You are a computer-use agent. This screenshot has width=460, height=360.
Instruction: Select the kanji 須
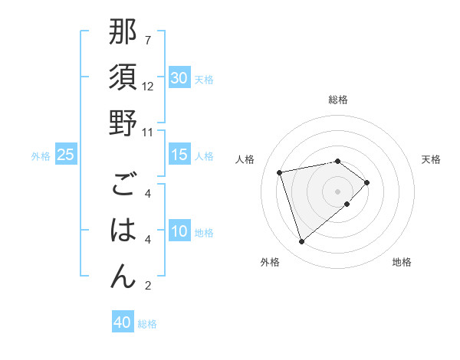coord(123,79)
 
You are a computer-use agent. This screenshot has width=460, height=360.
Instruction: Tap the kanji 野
coord(123,123)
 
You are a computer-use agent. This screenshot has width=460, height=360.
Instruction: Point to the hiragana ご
coord(123,186)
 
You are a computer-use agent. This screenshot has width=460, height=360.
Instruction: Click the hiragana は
coord(123,231)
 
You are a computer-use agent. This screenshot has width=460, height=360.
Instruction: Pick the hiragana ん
coord(123,276)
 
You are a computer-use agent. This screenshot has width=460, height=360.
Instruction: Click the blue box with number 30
coord(179,78)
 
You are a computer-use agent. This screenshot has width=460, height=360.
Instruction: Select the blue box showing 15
coord(179,155)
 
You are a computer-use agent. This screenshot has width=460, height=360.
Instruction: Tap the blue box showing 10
coord(179,232)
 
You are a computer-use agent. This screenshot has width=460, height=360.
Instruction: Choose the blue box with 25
coord(65,155)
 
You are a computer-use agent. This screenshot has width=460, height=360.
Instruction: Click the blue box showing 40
coord(123,322)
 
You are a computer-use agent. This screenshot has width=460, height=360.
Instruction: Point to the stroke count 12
coord(148,87)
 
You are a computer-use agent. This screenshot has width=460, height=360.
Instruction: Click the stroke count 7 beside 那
coord(147,40)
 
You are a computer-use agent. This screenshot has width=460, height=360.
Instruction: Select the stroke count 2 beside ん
coord(147,286)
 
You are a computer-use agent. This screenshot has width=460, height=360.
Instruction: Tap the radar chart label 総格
coord(337,100)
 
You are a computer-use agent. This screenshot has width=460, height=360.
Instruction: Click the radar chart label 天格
coord(432,159)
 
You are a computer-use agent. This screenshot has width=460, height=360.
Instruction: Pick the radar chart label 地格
coord(402,263)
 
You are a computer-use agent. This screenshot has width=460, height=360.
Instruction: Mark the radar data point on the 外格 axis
coord(301,242)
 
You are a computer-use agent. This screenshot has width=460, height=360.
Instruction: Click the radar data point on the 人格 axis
coord(280,172)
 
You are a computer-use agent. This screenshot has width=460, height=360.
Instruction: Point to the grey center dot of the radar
coord(337,190)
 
